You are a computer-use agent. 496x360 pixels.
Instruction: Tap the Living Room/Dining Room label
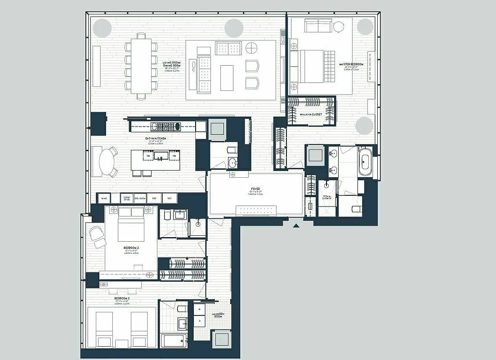173,65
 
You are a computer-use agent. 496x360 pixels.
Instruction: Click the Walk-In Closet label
311,114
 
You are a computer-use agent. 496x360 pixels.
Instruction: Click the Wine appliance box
104,198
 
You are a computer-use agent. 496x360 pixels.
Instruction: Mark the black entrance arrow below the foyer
296,225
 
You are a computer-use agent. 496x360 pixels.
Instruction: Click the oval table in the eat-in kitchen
107,162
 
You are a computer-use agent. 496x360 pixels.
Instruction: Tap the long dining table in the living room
141,66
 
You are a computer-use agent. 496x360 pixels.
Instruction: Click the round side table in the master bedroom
339,27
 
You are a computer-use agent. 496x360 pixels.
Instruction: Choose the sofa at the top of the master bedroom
318,26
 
